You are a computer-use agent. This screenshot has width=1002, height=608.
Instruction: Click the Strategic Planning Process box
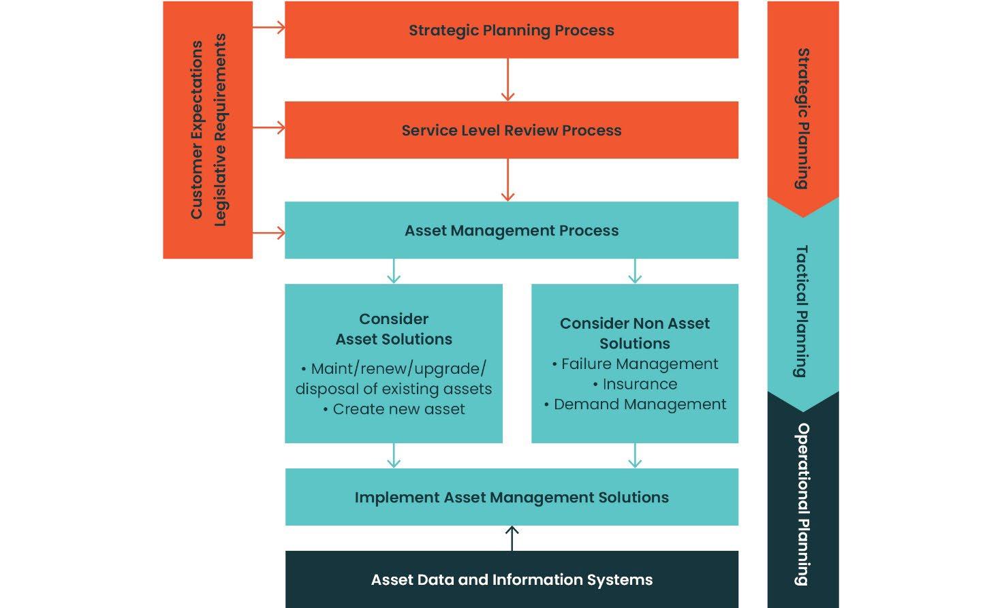point(511,30)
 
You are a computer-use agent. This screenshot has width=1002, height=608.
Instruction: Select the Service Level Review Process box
point(511,130)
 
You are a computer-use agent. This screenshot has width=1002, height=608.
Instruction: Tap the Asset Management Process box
point(511,230)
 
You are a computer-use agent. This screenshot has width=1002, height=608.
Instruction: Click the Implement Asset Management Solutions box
point(511,497)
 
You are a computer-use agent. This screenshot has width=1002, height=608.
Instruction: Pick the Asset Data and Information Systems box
point(511,579)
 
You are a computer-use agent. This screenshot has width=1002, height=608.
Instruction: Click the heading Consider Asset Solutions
point(394,329)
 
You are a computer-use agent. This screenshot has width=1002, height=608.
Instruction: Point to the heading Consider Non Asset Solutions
point(635,333)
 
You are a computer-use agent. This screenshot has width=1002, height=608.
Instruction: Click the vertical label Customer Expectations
point(197,129)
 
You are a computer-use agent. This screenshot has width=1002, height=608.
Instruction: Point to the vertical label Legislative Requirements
point(220,129)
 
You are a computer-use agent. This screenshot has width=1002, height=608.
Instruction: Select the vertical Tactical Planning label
point(802,310)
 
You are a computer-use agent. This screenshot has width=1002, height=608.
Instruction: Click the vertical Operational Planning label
point(803,504)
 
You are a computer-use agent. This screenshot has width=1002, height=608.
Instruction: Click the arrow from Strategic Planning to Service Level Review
point(507,80)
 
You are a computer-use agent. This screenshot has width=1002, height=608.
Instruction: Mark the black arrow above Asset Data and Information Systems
point(512,538)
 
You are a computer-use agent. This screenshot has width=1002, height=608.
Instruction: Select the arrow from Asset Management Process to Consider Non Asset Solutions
point(635,271)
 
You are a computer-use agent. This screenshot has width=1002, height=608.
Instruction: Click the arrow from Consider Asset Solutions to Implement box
point(394,455)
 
